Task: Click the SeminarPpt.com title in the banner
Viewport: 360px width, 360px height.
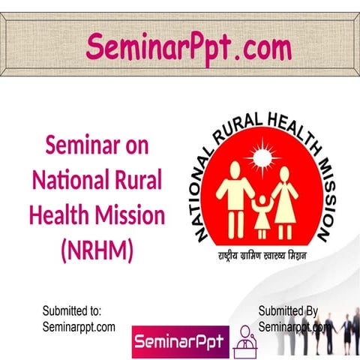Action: pos(188,46)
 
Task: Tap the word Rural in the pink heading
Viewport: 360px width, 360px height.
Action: pos(139,181)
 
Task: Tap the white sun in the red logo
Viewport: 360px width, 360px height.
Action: pos(262,157)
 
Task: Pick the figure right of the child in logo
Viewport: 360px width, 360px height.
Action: pos(287,196)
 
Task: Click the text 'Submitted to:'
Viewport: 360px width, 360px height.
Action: pos(73,310)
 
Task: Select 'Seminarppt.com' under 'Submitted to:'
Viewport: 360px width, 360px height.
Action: pos(79,326)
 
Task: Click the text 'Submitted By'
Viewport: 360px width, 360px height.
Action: pos(289,310)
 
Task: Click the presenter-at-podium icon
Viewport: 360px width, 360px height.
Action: pos(245,342)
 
